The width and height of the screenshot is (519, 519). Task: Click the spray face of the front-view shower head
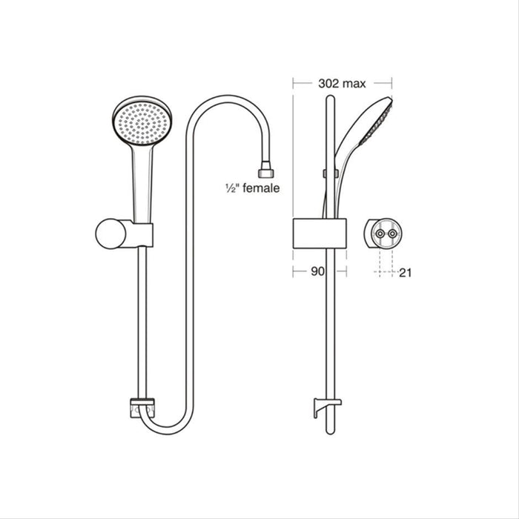(137, 122)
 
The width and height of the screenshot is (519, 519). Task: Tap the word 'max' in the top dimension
(353, 84)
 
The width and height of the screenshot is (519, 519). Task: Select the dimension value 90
(317, 272)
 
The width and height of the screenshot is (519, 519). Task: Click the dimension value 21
(405, 273)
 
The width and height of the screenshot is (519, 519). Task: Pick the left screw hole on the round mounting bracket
(380, 234)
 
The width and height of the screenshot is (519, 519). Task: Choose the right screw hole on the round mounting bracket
(393, 234)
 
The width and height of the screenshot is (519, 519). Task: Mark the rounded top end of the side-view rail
(327, 100)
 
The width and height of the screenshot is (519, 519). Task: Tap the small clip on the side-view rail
(325, 174)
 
